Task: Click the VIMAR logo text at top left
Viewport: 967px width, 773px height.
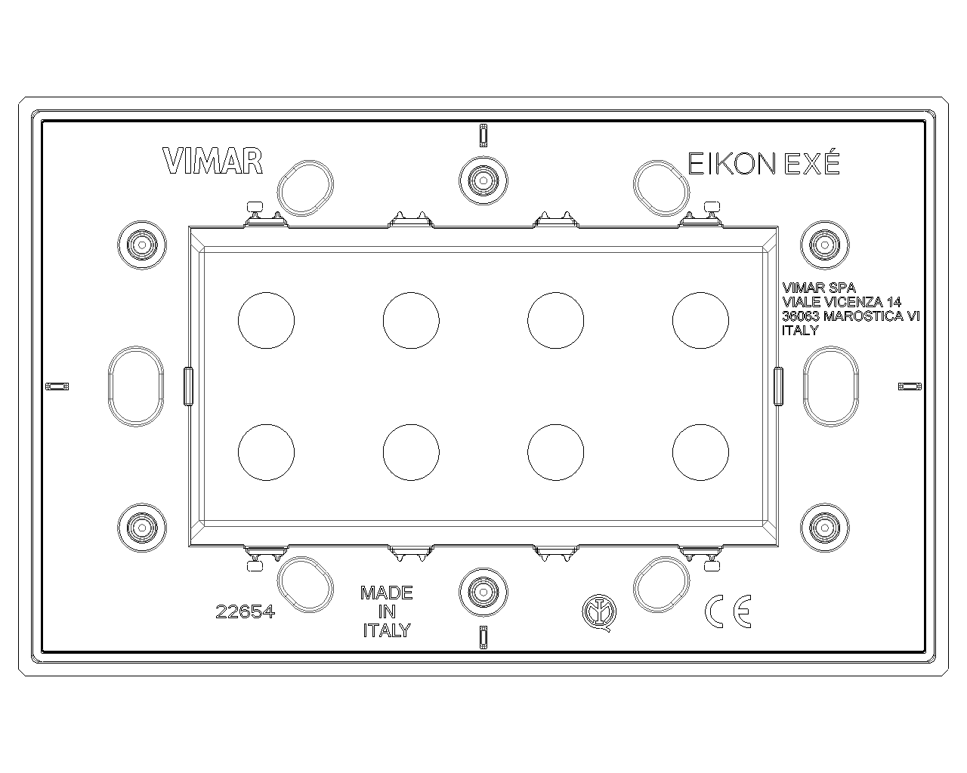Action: pos(212,162)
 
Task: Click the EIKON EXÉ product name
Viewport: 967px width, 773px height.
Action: pos(763,163)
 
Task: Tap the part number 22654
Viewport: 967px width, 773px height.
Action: pos(246,612)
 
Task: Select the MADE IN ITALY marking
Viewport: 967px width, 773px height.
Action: pos(387,611)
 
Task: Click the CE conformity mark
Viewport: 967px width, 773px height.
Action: pos(728,611)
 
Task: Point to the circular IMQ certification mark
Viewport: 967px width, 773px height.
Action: pos(598,611)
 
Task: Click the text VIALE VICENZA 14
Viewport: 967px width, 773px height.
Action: pos(842,302)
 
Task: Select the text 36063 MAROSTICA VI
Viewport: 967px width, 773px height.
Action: pos(851,316)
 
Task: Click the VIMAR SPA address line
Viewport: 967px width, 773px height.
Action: pos(819,288)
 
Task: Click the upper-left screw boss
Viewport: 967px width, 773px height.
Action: pos(141,244)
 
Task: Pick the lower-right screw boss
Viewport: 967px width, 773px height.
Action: pos(824,525)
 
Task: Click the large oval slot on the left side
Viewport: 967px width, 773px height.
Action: pos(136,385)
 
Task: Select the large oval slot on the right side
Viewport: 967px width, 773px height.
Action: pos(830,385)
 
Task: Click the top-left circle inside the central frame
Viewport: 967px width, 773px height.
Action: pos(266,319)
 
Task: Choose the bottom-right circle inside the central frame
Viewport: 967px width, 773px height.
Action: pos(700,452)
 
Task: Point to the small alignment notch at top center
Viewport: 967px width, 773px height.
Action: pos(483,134)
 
